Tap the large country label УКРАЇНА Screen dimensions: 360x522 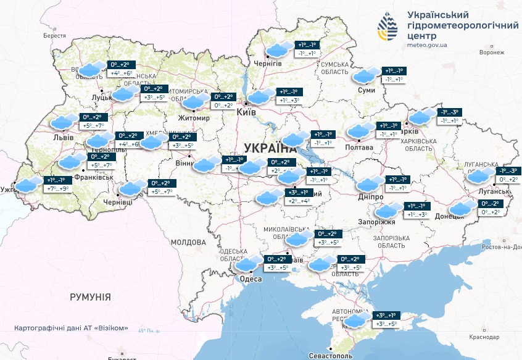[x=270, y=148]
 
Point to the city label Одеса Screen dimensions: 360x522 [x=251, y=279]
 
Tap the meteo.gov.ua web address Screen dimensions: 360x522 [x=428, y=45]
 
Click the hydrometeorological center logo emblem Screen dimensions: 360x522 [x=390, y=28]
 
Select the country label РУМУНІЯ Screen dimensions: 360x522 [x=90, y=297]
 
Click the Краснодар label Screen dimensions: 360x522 [x=484, y=337]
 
